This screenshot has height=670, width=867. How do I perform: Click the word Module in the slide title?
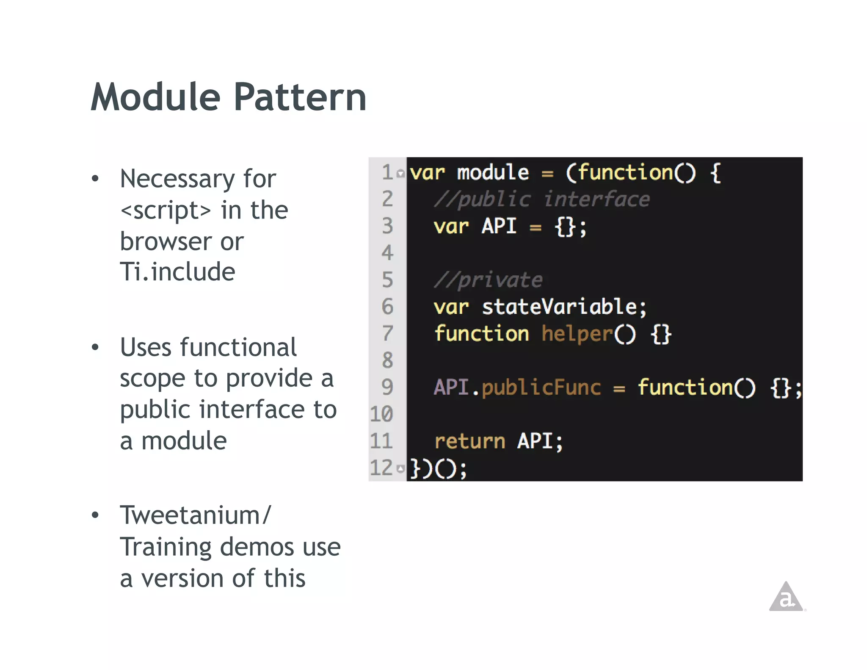(x=156, y=97)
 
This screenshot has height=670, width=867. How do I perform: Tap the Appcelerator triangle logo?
(x=786, y=598)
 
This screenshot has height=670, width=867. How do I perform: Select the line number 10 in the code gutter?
(x=381, y=414)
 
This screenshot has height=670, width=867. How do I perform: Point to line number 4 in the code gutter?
(x=387, y=253)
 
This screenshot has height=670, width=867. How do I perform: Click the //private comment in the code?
(x=488, y=280)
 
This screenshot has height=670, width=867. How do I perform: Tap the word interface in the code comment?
(x=596, y=199)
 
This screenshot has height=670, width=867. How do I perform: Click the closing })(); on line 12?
(x=439, y=468)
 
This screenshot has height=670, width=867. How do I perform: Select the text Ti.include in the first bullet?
(x=177, y=271)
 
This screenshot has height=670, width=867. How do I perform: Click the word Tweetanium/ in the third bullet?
(x=195, y=515)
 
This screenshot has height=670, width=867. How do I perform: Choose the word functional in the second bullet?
(x=238, y=347)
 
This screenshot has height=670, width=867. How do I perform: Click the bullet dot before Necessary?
(x=95, y=179)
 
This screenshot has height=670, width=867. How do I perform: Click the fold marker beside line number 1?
(x=400, y=173)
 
